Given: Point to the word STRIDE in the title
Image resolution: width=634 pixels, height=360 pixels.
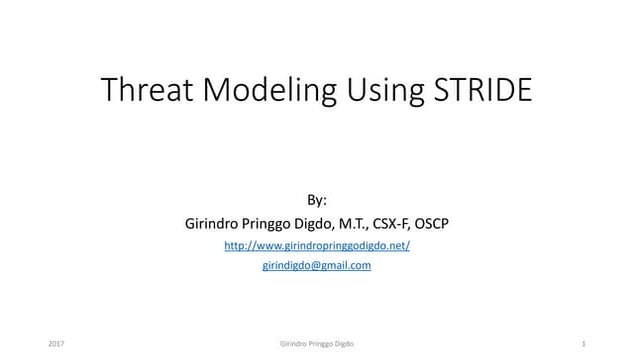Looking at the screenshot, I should [481, 90].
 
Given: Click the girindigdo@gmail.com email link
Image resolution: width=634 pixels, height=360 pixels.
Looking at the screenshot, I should [317, 265].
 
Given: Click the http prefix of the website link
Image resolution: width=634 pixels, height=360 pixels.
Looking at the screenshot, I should [235, 245].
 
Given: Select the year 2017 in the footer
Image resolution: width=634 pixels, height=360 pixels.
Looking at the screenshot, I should [56, 344].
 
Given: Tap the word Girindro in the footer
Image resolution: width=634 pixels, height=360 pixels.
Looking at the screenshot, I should [295, 344].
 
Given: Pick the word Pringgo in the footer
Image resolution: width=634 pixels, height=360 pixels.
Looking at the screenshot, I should [322, 344].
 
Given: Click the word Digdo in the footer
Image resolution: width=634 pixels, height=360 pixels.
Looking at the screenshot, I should [345, 344].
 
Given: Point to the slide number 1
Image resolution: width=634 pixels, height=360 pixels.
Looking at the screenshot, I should [582, 344].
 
